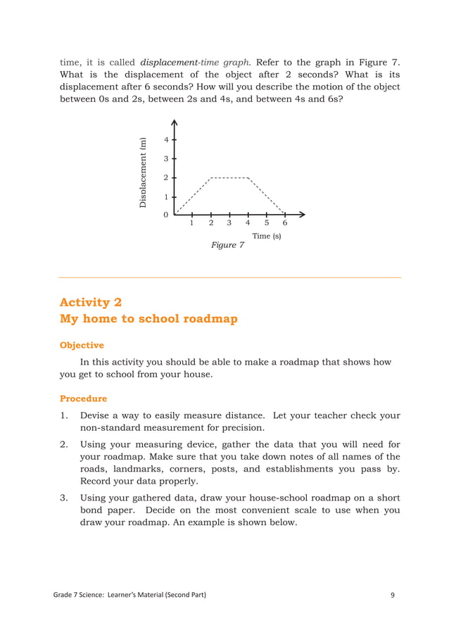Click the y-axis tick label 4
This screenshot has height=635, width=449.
(166, 139)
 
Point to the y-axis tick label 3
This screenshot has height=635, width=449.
(166, 159)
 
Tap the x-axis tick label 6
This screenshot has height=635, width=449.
(284, 223)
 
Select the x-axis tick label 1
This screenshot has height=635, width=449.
(192, 223)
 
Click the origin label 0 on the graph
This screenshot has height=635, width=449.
(166, 215)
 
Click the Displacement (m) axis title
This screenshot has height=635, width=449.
(144, 172)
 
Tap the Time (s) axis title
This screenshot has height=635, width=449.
(267, 236)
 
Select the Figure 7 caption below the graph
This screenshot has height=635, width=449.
(227, 245)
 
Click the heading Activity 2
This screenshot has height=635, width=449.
(91, 302)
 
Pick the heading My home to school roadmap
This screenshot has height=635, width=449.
(148, 319)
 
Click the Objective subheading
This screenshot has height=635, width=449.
(82, 345)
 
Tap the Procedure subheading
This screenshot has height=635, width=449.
(83, 398)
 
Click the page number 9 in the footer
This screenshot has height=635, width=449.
(393, 596)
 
